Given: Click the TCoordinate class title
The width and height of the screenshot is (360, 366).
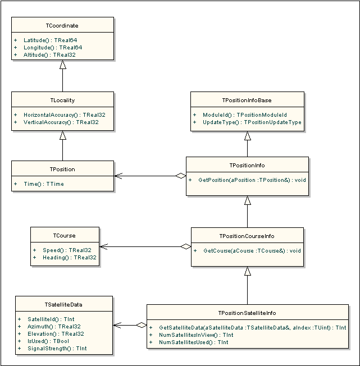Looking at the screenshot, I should click(62, 26).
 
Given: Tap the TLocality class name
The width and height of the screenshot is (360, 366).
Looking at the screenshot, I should click(62, 100).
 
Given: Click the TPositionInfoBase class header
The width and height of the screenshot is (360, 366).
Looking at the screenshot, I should click(247, 100).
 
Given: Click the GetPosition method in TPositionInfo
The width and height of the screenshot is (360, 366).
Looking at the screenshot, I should click(252, 180).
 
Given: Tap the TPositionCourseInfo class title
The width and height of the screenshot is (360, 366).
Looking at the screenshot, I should click(247, 236).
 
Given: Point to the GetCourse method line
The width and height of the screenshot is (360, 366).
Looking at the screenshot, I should click(252, 250).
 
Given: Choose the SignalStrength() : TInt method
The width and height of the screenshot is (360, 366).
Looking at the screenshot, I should click(57, 348).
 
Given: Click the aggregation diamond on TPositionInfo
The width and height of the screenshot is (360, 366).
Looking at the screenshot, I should click(181, 176).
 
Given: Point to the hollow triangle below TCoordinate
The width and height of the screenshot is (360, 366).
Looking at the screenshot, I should click(62, 65).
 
